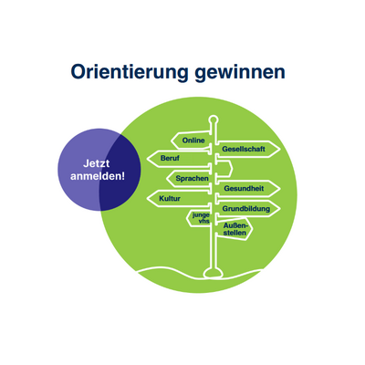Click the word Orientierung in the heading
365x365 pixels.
click(x=130, y=73)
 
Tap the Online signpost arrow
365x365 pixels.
click(x=191, y=141)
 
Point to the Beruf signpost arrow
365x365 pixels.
click(x=179, y=159)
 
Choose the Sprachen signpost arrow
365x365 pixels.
click(x=189, y=179)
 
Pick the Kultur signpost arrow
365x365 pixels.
click(x=179, y=199)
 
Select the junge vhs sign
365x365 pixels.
click(x=199, y=218)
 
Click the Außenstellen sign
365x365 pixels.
click(x=235, y=229)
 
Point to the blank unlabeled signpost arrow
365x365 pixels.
click(x=224, y=169)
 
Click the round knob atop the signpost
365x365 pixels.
click(x=214, y=120)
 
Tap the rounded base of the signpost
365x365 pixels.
click(x=214, y=273)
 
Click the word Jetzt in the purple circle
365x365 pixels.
click(x=96, y=163)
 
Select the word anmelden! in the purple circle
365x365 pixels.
click(x=98, y=176)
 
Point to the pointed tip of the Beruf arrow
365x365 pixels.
click(x=147, y=159)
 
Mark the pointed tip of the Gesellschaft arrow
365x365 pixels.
click(x=279, y=150)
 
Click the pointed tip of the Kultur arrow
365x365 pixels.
click(x=147, y=199)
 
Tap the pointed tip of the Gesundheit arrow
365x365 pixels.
click(x=279, y=189)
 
